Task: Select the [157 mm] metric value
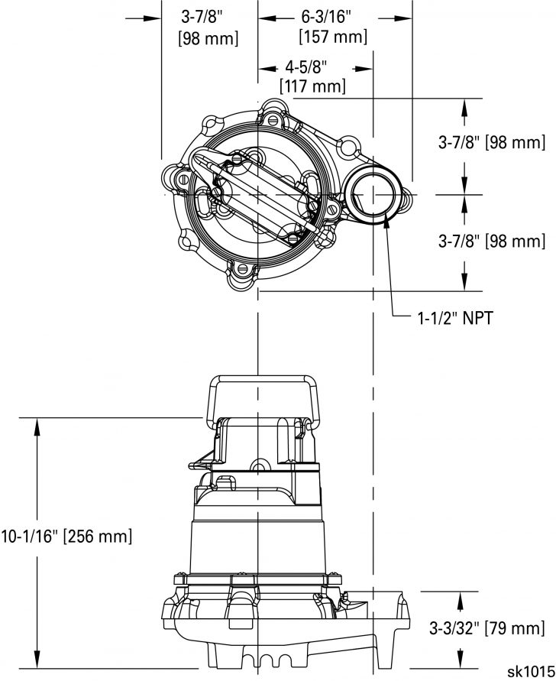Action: [x=333, y=37]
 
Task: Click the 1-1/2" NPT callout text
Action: [x=449, y=318]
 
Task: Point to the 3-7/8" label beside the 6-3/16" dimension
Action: [x=207, y=27]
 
